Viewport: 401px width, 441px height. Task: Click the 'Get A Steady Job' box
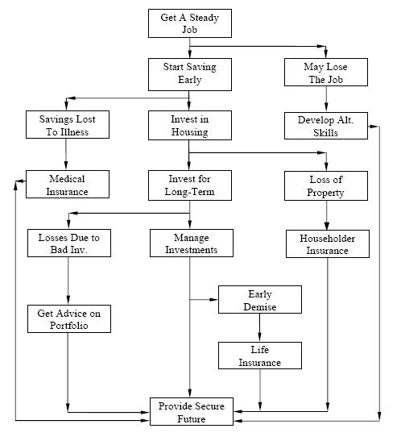(x=189, y=23)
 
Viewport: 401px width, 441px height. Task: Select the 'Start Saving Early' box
(x=189, y=73)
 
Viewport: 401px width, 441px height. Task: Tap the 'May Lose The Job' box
(x=326, y=73)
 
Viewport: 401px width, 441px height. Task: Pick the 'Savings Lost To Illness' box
(x=68, y=126)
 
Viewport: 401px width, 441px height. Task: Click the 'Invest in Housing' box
(x=189, y=126)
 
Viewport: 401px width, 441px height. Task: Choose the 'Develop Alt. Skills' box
(x=326, y=126)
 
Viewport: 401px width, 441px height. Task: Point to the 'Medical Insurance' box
(x=68, y=185)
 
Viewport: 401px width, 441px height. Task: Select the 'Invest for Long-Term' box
(x=189, y=185)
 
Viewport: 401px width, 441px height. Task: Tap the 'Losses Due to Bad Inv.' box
(x=68, y=243)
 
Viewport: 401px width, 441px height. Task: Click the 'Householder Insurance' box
(x=326, y=243)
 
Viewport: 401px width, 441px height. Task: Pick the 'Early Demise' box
(x=259, y=300)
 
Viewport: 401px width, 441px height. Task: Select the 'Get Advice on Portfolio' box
(x=68, y=318)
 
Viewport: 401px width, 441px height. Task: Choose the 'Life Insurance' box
(x=259, y=356)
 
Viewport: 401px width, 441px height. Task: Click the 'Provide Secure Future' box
(x=192, y=412)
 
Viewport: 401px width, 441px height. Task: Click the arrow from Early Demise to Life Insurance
(x=259, y=327)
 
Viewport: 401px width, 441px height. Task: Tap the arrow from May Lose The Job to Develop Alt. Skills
(x=326, y=99)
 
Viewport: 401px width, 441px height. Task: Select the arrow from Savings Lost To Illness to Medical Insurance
(x=68, y=155)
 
